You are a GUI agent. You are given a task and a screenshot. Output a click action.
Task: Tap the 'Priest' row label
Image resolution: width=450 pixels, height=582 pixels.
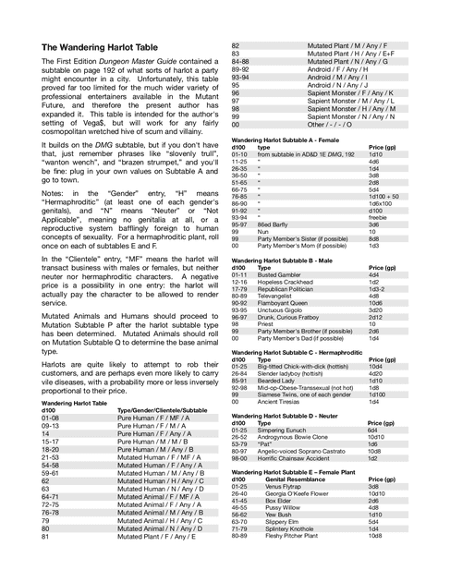[265, 324]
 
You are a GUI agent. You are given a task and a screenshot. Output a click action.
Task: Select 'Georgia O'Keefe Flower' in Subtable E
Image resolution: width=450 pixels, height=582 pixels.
[299, 493]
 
